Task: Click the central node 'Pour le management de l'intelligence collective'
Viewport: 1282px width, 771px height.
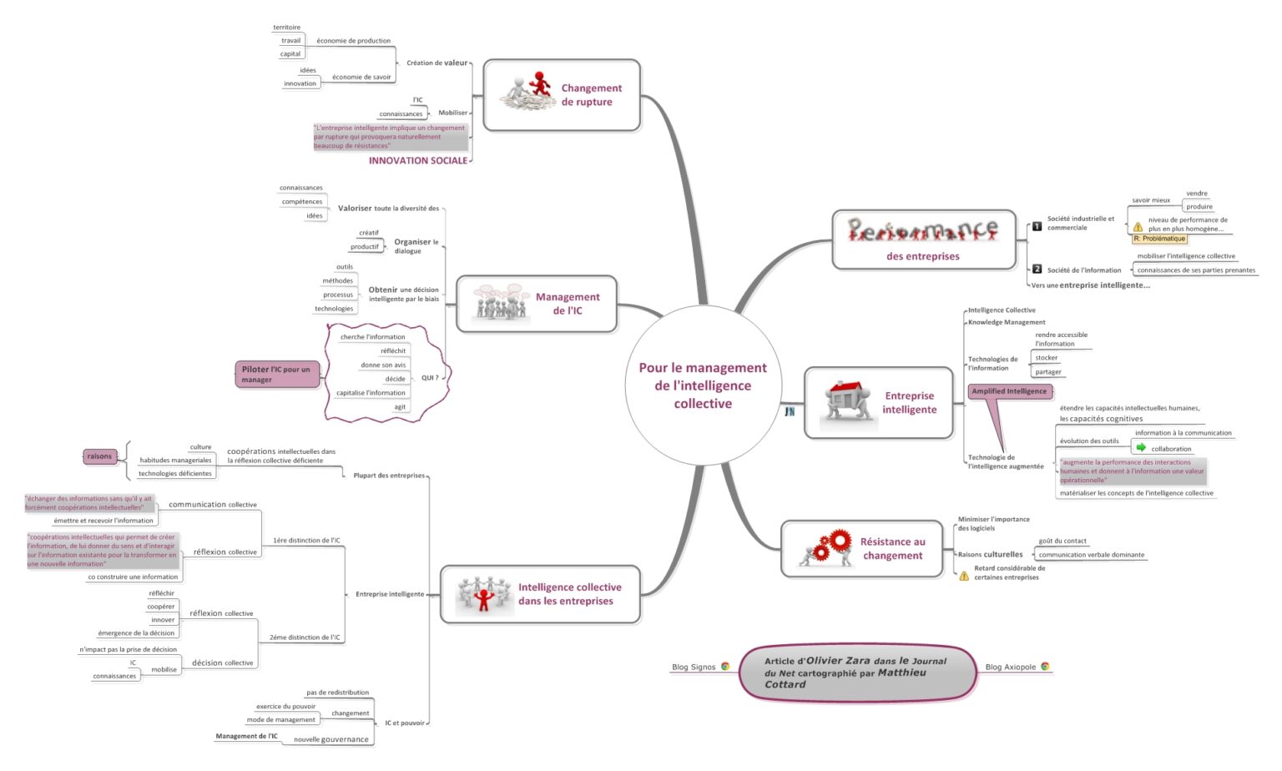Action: click(x=703, y=385)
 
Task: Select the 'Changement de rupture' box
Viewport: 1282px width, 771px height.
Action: click(x=562, y=95)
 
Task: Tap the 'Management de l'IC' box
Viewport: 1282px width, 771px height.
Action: click(x=537, y=304)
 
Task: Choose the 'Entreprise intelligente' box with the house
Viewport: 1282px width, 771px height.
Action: click(x=878, y=403)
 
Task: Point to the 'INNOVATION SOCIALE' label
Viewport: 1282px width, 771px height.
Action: click(x=418, y=160)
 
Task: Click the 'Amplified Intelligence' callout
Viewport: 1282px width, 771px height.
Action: click(x=1009, y=391)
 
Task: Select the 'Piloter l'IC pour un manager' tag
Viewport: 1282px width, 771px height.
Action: click(x=277, y=375)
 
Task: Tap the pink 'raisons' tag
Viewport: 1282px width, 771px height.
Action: click(x=99, y=456)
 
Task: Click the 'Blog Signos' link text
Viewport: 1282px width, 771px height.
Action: click(x=694, y=667)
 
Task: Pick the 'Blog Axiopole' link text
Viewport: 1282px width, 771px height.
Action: click(x=1010, y=667)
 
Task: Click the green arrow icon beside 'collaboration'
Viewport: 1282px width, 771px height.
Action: click(x=1141, y=448)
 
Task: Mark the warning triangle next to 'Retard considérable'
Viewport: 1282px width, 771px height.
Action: click(x=964, y=576)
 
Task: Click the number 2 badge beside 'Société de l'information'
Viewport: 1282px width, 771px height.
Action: click(x=1037, y=269)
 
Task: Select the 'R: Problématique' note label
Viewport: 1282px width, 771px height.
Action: click(x=1159, y=239)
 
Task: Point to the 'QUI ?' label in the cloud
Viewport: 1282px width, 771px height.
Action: click(x=430, y=378)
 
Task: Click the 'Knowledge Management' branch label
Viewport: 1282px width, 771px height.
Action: click(x=1007, y=322)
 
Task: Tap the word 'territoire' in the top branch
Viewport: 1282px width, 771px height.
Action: click(x=286, y=28)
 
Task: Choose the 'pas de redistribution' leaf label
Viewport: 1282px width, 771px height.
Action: click(x=337, y=693)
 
